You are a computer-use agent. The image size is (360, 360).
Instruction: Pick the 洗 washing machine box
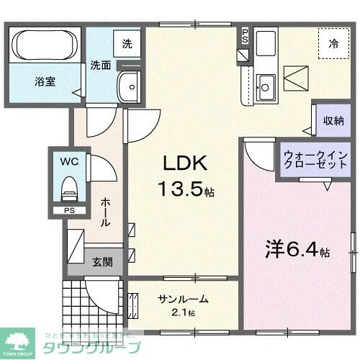(127, 44)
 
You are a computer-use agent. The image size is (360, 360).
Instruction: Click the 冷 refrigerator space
(333, 44)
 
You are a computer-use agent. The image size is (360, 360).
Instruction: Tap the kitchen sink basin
(264, 87)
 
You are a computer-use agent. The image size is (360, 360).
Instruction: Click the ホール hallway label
(105, 212)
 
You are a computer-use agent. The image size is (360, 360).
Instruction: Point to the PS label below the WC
(69, 211)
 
